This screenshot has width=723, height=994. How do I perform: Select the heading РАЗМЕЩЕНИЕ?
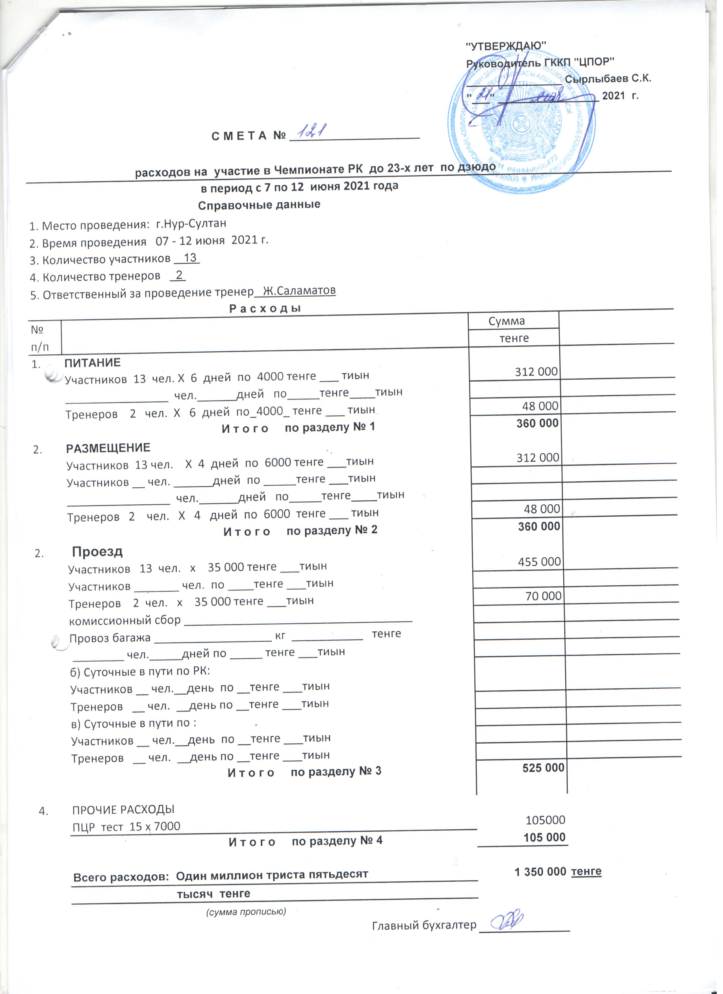(108, 448)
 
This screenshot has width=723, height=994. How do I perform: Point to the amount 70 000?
(543, 596)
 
